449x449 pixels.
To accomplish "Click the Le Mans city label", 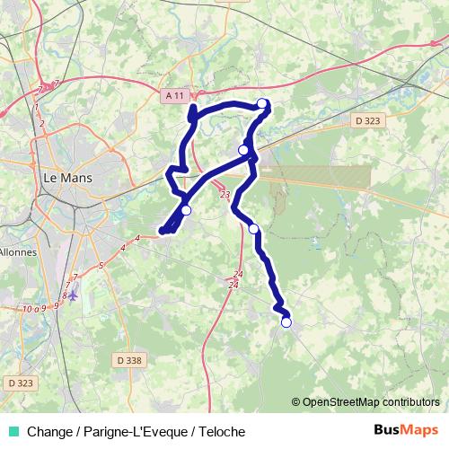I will (67, 178).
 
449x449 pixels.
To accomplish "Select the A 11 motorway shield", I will (175, 95).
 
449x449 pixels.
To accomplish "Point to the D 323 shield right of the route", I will (366, 119).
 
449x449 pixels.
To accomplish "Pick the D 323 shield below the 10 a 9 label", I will (20, 383).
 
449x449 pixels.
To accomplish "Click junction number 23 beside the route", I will (224, 194).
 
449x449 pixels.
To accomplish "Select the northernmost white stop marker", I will (262, 103).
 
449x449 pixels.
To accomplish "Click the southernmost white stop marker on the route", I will (286, 322).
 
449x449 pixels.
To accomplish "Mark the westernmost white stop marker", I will (186, 210).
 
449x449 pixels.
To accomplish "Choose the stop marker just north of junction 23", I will (243, 150).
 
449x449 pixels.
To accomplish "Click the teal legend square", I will (13, 432).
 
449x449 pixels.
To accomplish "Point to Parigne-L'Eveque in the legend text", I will (136, 432).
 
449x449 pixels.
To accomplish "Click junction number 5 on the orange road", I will (102, 265).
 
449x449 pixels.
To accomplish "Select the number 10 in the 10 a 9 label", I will (29, 308).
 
